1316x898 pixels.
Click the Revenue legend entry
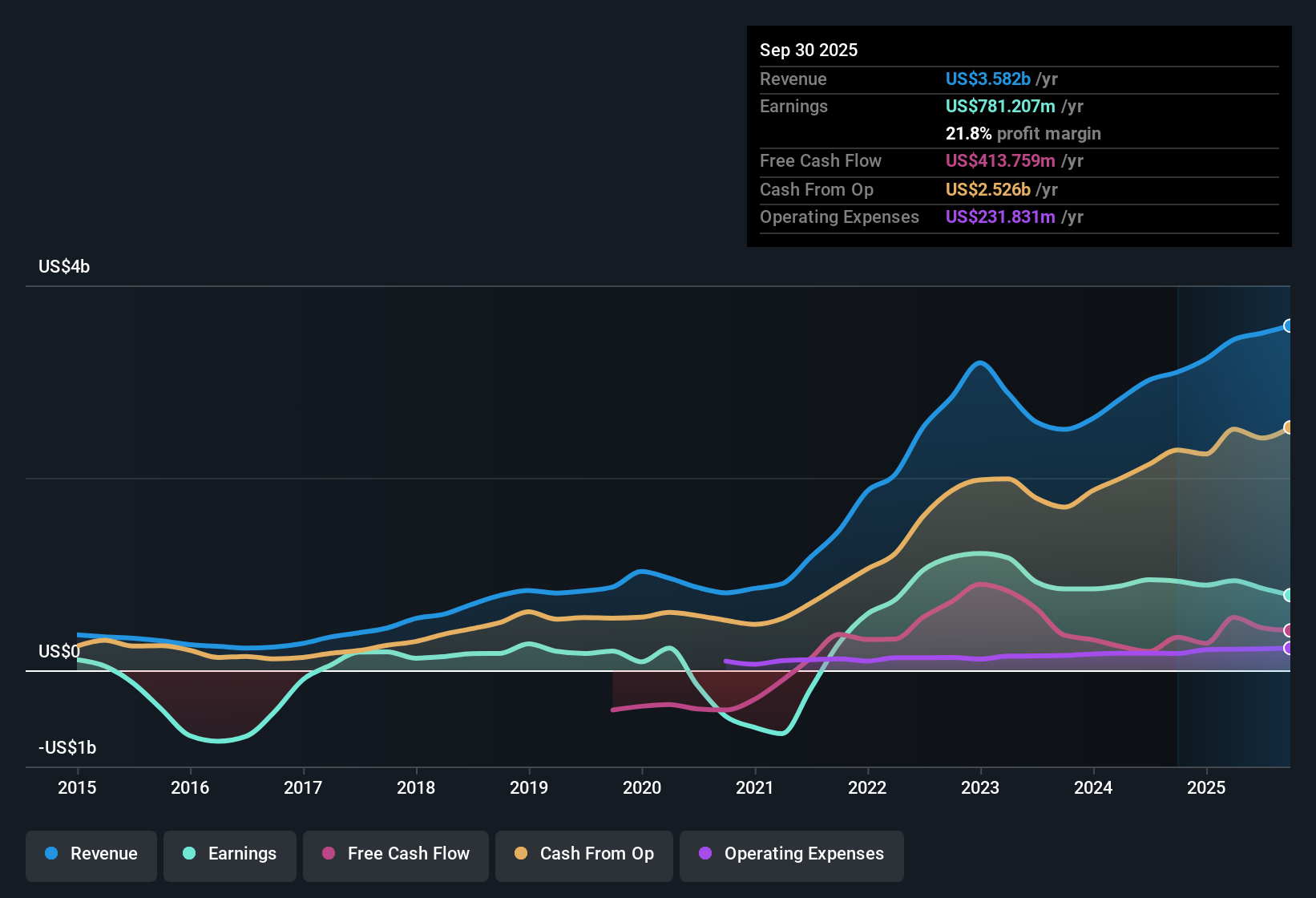pyautogui.click(x=91, y=854)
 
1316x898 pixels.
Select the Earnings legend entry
pyautogui.click(x=230, y=854)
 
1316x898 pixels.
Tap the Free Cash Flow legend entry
pyautogui.click(x=396, y=854)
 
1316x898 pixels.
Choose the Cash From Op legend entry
pyautogui.click(x=584, y=854)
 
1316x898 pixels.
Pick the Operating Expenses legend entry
pyautogui.click(x=792, y=854)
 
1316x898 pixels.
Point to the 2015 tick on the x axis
pyautogui.click(x=77, y=787)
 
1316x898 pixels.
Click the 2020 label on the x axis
pyautogui.click(x=642, y=787)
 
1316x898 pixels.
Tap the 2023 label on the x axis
pyautogui.click(x=980, y=787)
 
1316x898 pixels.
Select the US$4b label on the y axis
pyautogui.click(x=64, y=267)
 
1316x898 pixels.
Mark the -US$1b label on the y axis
pyautogui.click(x=67, y=748)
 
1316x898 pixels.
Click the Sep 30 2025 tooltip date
pyautogui.click(x=809, y=51)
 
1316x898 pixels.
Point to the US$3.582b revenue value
pyautogui.click(x=987, y=79)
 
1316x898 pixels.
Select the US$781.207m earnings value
pyautogui.click(x=1000, y=107)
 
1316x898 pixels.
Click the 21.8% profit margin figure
pyautogui.click(x=968, y=134)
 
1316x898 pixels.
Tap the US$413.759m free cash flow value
pyautogui.click(x=1000, y=161)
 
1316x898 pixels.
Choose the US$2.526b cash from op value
pyautogui.click(x=987, y=190)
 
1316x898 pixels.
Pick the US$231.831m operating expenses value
pyautogui.click(x=1000, y=217)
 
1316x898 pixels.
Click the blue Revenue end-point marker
pyautogui.click(x=1289, y=326)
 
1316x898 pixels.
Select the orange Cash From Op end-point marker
pyautogui.click(x=1289, y=427)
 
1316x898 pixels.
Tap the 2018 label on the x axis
pyautogui.click(x=416, y=787)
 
